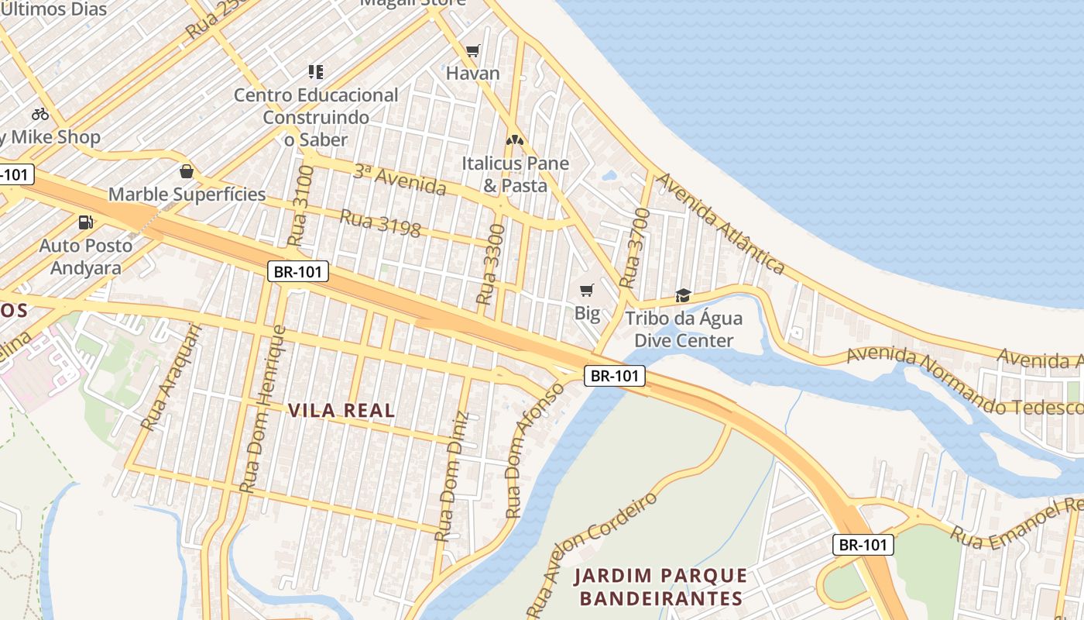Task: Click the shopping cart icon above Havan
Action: (x=472, y=51)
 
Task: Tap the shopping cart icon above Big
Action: (x=587, y=291)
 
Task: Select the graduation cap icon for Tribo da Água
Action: (x=683, y=295)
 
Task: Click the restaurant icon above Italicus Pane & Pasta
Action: (x=515, y=140)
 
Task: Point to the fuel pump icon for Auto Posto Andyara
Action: (x=85, y=222)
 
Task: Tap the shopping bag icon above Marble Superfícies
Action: (x=186, y=171)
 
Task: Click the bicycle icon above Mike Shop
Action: (x=40, y=115)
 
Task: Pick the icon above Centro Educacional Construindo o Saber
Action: (x=315, y=72)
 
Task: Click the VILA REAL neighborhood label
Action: (x=341, y=411)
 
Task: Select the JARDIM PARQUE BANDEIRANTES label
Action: (x=660, y=587)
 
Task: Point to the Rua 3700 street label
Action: (x=633, y=247)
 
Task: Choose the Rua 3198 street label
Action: (x=380, y=223)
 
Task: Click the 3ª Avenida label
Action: (x=400, y=180)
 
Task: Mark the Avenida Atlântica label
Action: (x=721, y=223)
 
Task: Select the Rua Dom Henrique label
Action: (x=262, y=409)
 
